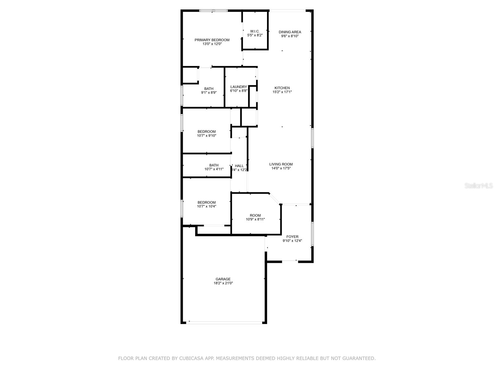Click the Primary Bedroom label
coord(212,40)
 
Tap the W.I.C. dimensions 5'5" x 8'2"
coord(255,35)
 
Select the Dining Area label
coord(290,32)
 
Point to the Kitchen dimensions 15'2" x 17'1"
coord(282,92)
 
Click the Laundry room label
coord(238,87)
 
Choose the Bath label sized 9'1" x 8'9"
coord(209,89)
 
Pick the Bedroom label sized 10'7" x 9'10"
coord(207,131)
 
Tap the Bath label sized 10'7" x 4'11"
coord(214,165)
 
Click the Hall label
coord(239,166)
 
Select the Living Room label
coord(281,164)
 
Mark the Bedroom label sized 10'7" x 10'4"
coord(207,203)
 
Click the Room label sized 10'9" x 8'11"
coord(255,215)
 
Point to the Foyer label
coord(292,237)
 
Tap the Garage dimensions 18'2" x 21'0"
coord(223,283)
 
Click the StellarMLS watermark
coord(479,186)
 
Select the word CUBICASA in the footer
coord(192,359)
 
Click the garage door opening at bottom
coord(224,322)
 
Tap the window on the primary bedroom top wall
coord(213,11)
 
